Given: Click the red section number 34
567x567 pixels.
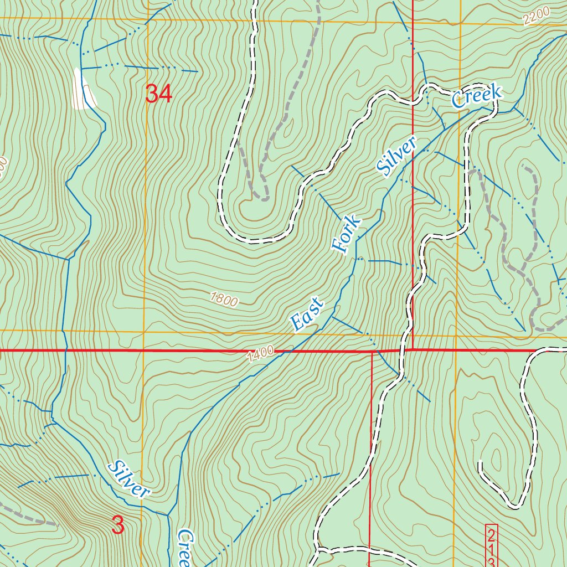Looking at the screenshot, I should tap(158, 94).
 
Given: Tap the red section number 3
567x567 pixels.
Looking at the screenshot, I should tap(118, 525).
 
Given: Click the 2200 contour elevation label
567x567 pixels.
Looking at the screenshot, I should tap(536, 17).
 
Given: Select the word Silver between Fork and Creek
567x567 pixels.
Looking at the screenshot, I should tap(396, 157).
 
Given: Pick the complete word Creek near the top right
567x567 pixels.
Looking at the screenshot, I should tap(476, 96).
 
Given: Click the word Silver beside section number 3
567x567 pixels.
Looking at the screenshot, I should tap(129, 479).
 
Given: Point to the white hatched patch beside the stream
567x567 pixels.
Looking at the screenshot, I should tap(83, 89).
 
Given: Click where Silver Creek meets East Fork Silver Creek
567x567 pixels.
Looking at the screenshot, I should tap(168, 515).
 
